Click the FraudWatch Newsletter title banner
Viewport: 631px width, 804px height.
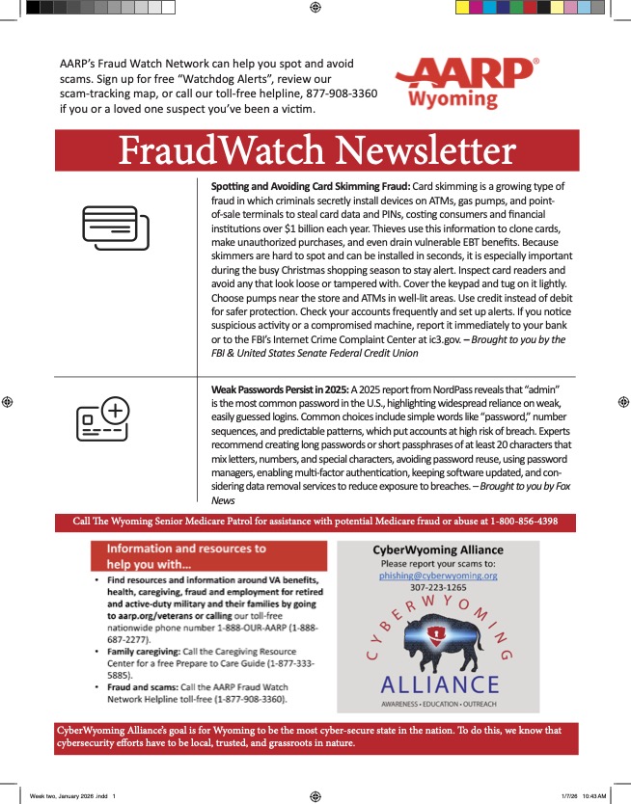point(316,152)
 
